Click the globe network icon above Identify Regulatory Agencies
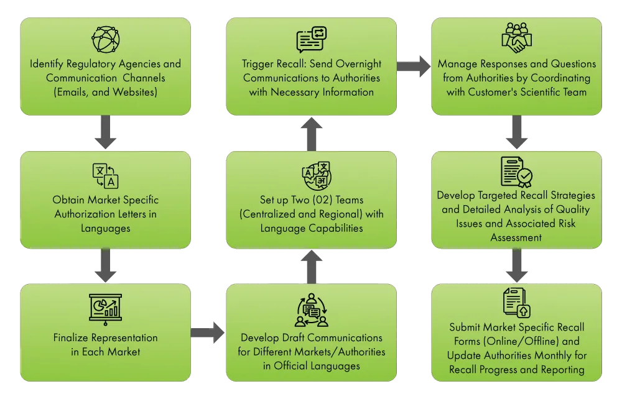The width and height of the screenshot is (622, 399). [x=105, y=39]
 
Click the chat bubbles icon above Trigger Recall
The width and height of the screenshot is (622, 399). [x=311, y=39]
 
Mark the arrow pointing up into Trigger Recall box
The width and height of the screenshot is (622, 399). [x=312, y=133]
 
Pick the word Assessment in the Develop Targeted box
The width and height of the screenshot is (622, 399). [x=516, y=237]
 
